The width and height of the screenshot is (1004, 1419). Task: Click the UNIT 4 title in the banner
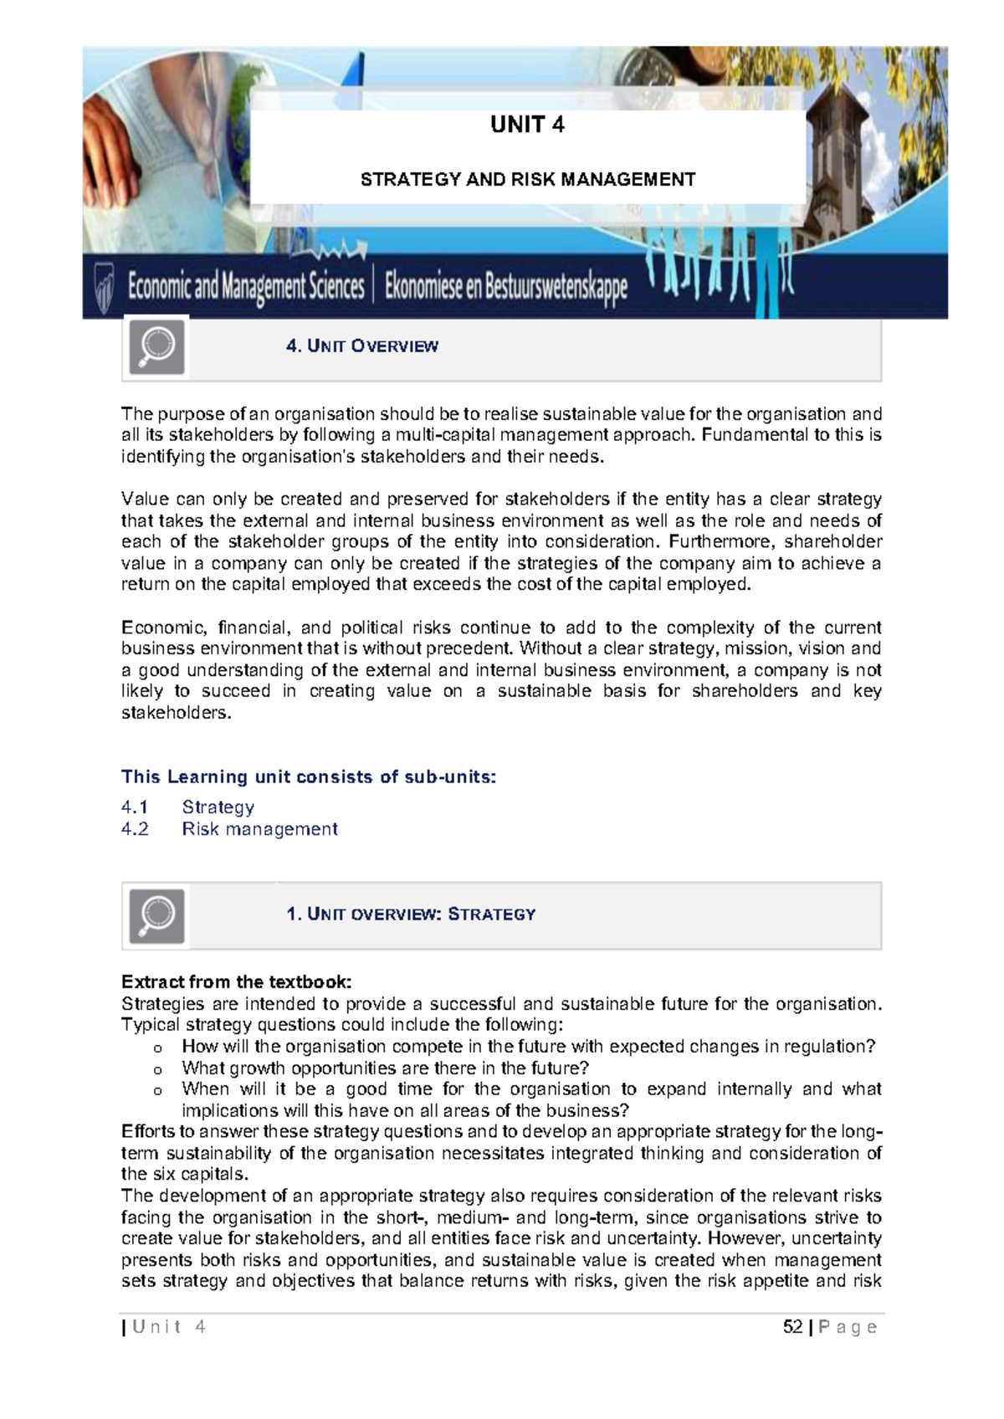click(x=527, y=125)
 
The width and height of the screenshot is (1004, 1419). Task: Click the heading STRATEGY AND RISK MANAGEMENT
click(x=527, y=179)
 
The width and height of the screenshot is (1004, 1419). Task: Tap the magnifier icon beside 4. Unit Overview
click(x=156, y=346)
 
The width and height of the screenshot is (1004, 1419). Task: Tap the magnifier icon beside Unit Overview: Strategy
click(x=156, y=915)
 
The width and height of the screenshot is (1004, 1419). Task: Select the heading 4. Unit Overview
click(x=361, y=346)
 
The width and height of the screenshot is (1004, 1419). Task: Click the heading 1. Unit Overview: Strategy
click(x=410, y=914)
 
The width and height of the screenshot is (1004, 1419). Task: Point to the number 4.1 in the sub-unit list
click(x=135, y=807)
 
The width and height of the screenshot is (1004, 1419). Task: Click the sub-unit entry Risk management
click(x=259, y=829)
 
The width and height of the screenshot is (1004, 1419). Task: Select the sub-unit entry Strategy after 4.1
click(x=218, y=807)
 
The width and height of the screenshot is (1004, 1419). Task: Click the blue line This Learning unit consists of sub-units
click(x=309, y=776)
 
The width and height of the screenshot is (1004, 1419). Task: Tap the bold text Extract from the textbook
click(x=236, y=981)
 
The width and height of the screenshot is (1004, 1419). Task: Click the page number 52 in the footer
click(x=792, y=1327)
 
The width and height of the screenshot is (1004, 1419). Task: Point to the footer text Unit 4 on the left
click(x=168, y=1327)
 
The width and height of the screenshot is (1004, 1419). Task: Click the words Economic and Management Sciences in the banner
click(x=246, y=287)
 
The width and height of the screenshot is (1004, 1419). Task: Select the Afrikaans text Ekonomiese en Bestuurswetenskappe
click(x=505, y=287)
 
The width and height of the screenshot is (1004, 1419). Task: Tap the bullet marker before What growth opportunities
click(x=157, y=1069)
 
